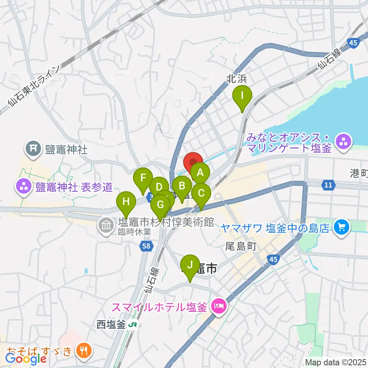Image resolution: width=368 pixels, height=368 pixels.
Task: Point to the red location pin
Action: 194,163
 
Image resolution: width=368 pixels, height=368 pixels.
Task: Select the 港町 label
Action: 358,174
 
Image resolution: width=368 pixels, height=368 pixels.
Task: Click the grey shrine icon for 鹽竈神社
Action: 33,148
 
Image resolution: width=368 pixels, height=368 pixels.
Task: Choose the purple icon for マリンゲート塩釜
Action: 343,141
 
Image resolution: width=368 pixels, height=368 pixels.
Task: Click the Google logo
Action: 26,358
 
